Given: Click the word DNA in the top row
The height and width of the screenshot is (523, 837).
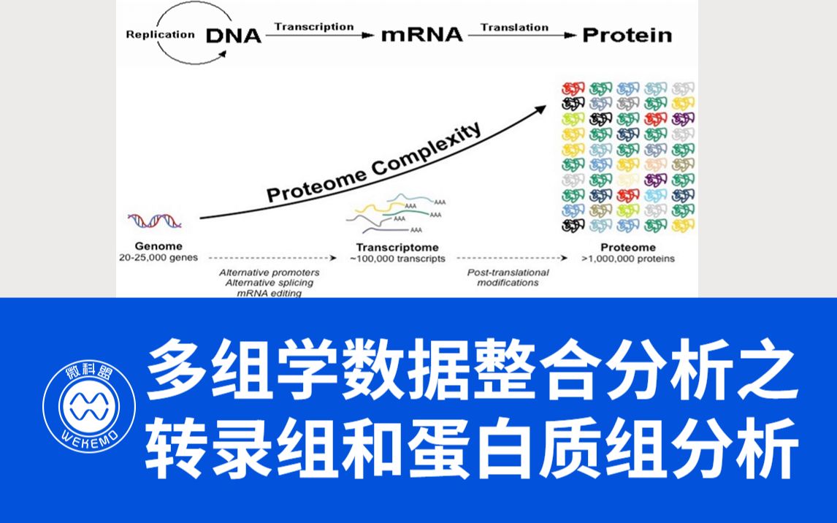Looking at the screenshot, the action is point(233,35).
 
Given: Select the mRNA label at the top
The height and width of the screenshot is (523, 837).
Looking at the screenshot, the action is point(421,35).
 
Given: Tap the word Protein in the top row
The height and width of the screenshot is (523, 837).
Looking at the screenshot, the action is point(627,35).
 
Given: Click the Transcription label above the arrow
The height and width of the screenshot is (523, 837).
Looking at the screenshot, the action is point(314,27).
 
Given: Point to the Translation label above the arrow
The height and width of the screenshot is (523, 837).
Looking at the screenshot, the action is point(514,27).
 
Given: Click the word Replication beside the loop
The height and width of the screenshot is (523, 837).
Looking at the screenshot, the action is point(160,34).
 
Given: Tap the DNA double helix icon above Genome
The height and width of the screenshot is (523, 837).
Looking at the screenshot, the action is point(155,221).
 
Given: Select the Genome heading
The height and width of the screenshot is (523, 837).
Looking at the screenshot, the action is point(158,246).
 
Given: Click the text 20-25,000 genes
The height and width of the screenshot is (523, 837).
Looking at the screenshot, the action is point(158,258).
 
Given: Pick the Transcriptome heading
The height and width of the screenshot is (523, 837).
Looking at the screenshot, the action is point(397,248).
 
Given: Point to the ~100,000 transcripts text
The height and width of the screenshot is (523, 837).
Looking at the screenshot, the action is point(397,259).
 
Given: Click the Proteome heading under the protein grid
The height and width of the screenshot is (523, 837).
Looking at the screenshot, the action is point(628,248).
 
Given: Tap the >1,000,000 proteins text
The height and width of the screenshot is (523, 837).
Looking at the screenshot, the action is point(628,259).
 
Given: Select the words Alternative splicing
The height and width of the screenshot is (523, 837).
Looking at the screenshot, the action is point(270,283).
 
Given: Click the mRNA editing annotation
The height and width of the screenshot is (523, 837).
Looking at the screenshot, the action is point(270,293).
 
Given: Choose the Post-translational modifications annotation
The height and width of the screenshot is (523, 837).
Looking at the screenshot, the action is point(508,278).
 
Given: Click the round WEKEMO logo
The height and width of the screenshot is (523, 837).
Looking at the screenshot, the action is point(88,406).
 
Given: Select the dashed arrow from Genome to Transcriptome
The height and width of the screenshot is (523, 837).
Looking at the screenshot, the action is point(272,259).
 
